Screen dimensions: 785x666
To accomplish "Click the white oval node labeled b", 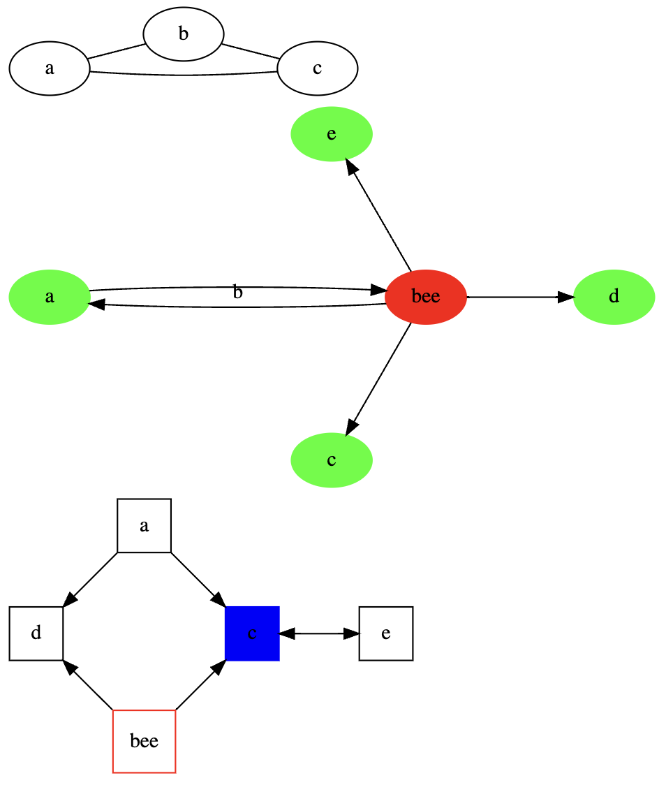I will click(x=183, y=34).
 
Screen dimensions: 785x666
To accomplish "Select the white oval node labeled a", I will click(x=49, y=68).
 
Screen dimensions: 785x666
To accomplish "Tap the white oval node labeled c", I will click(x=317, y=68).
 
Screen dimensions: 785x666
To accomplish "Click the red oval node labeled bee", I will click(x=425, y=297).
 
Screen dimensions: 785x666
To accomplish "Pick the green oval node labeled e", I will click(x=331, y=134).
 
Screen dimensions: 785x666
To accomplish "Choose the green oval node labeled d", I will click(x=613, y=297).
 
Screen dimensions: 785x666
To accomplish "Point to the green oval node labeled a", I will click(x=49, y=297).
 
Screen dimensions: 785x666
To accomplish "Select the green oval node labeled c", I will click(x=331, y=460).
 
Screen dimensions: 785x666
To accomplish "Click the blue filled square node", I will click(x=252, y=633).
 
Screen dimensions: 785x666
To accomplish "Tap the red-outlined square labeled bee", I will click(x=144, y=741).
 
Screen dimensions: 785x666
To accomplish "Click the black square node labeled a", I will click(x=144, y=526).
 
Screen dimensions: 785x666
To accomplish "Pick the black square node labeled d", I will click(x=36, y=633).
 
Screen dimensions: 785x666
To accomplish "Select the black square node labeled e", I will click(x=385, y=633).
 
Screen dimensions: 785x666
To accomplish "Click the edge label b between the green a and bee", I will click(x=237, y=293).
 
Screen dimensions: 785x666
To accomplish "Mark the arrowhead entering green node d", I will click(x=565, y=297).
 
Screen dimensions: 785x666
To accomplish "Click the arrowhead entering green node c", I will click(x=351, y=428).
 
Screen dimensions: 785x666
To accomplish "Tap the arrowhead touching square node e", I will click(x=351, y=633).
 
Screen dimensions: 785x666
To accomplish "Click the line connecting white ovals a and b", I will click(x=116, y=51).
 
